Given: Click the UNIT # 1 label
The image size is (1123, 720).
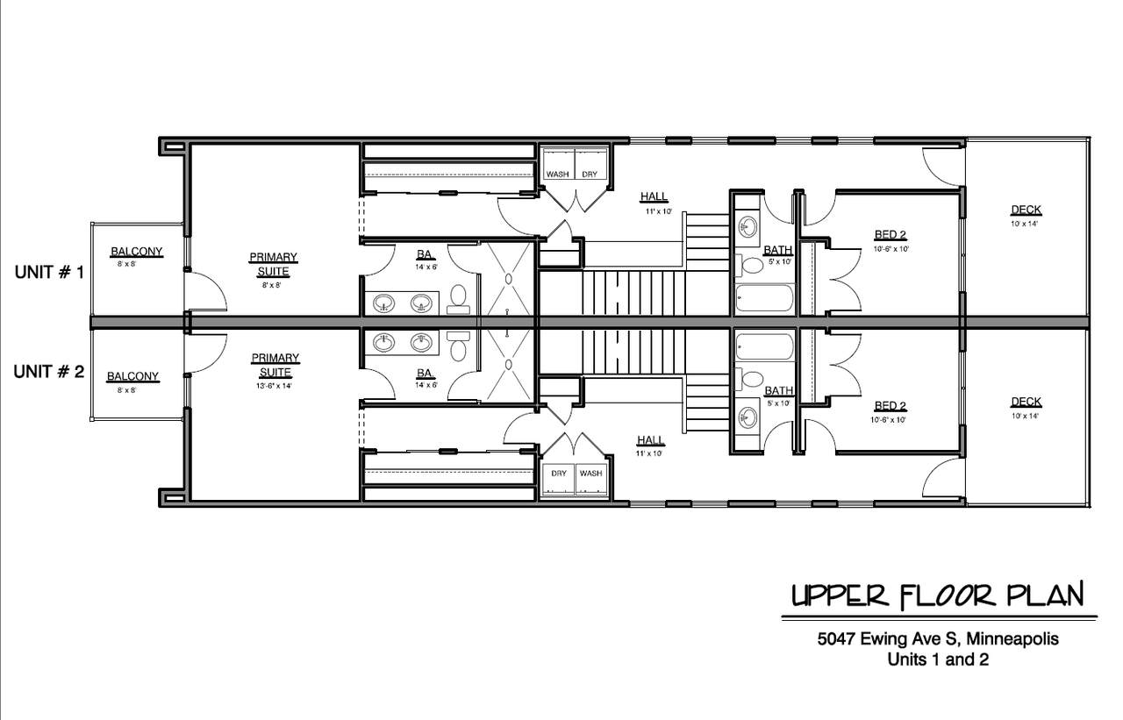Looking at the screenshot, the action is pos(49,272).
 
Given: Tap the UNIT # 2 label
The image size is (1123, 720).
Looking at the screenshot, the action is pos(48,372).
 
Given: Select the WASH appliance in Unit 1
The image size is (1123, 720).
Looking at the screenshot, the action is pos(559,164).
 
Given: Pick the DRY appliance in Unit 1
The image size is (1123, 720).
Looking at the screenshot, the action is pos(590,164).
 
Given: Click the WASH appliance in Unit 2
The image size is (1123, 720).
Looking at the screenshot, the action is pos(591,480).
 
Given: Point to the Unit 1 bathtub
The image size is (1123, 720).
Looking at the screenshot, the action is pos(764,298).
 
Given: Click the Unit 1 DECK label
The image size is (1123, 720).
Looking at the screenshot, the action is pos(1026,210).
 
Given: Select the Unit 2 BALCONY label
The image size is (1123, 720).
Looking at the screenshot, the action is pos(132,377).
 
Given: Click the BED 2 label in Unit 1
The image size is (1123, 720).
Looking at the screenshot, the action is pos(890,234).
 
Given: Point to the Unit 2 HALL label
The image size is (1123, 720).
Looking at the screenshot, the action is pos(650,440).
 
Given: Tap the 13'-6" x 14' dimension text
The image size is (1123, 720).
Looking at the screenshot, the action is pos(274,386).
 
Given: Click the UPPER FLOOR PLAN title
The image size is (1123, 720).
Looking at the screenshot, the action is pos(938,596).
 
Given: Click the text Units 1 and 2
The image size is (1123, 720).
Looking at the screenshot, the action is pos(938,659).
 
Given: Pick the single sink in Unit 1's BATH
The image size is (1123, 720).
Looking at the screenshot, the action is pos(748,227).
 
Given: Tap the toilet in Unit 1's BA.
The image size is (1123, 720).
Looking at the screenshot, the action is pos(458,299).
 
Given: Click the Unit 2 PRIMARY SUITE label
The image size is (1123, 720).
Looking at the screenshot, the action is pos(275,365).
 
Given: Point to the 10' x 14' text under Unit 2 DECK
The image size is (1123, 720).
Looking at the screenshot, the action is pos(1025,416).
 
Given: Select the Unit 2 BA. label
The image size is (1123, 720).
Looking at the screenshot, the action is pos(426,374).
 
